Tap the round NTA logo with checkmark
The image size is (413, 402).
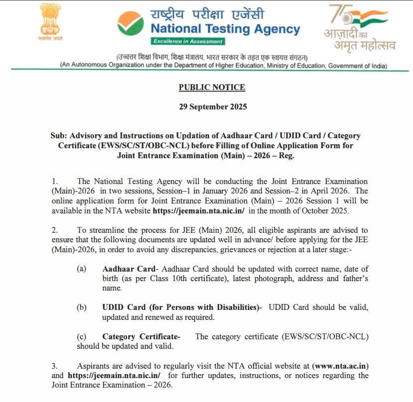point(131,25)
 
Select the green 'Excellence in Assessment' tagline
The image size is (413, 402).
point(188,41)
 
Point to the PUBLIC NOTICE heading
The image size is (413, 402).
point(212,88)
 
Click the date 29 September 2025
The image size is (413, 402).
point(212,106)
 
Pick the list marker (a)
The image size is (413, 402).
point(81,269)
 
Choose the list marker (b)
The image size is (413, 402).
point(81,307)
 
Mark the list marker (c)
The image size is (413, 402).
point(81,337)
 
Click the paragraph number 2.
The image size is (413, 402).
point(55,230)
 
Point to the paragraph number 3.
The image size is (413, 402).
point(55,366)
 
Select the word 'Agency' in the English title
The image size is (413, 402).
point(271,29)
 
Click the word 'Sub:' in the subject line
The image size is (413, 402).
point(58,135)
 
